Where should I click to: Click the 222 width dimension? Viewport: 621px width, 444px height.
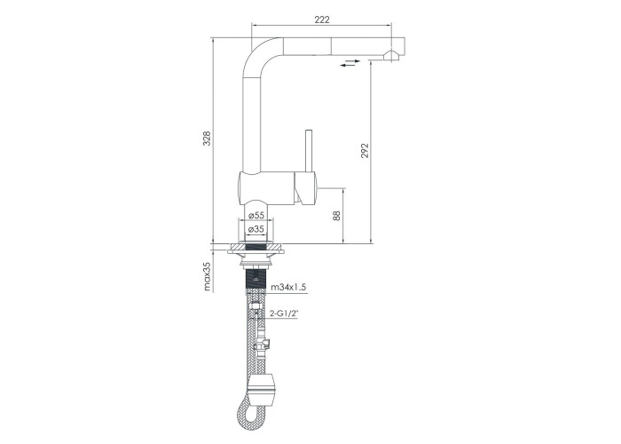(321, 19)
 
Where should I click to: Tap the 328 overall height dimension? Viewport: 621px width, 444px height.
(207, 139)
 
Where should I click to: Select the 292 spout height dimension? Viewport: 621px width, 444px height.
(365, 151)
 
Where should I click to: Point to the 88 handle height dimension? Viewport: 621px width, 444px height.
(336, 216)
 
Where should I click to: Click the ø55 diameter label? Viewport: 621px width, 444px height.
(256, 215)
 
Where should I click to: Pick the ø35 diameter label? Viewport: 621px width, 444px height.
(256, 229)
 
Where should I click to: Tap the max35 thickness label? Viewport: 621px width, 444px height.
(207, 276)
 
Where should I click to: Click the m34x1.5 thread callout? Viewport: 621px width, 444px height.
(288, 287)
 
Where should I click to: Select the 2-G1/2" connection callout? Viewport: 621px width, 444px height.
(284, 313)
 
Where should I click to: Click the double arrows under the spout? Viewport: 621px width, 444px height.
(350, 63)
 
